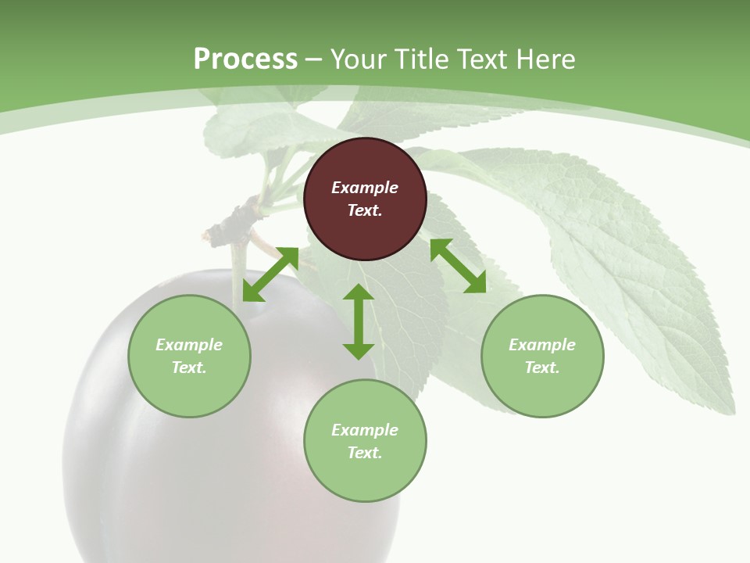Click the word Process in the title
(245, 59)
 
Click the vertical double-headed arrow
(359, 321)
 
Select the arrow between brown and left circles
(270, 274)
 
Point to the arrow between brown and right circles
(458, 266)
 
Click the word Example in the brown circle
(365, 188)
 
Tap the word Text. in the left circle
(189, 368)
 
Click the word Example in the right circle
(542, 345)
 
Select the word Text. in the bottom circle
(365, 453)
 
